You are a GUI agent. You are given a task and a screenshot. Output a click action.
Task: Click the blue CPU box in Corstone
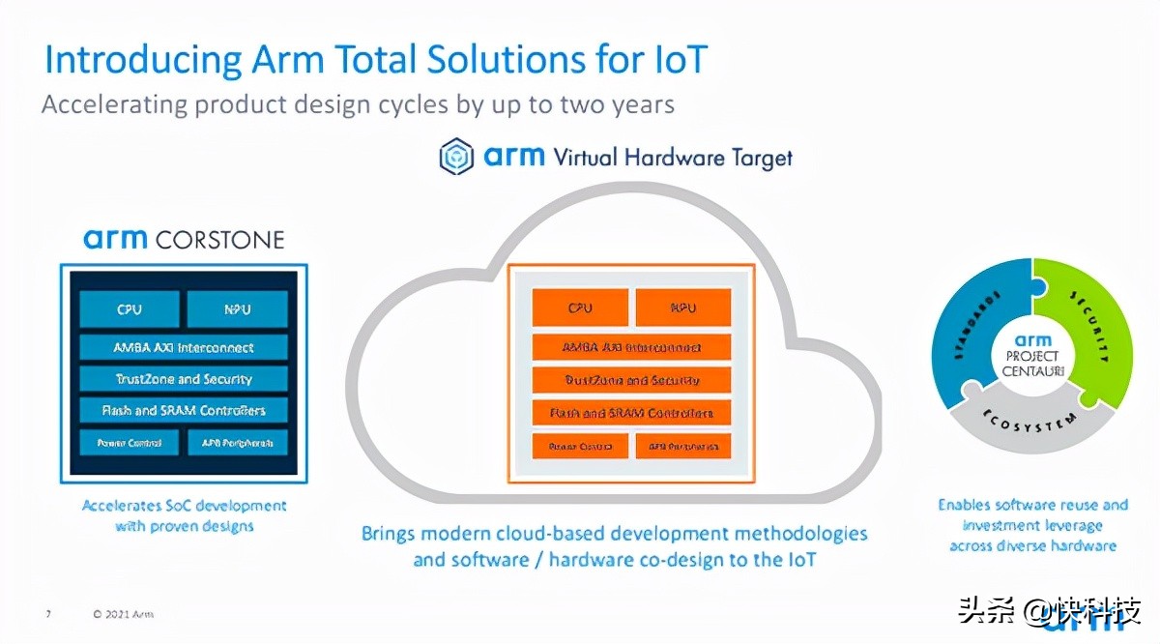130,309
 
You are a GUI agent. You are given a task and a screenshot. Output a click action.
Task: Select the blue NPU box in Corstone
237,309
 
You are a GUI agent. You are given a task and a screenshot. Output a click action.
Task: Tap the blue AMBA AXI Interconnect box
184,347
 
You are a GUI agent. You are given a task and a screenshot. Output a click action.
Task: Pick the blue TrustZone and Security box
184,379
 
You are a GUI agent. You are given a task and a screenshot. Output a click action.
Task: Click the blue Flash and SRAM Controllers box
184,411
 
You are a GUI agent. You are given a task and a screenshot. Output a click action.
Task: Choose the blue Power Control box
130,444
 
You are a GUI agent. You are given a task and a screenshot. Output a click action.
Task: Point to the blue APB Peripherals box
237,444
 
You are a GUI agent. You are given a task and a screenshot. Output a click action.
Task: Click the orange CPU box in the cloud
580,308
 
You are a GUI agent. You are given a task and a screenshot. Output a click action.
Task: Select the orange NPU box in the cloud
682,308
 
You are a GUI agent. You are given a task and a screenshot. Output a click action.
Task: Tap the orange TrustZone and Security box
631,380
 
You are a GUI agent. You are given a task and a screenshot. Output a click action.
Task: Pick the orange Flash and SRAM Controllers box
631,413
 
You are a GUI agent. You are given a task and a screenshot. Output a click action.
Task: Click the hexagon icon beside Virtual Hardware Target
456,157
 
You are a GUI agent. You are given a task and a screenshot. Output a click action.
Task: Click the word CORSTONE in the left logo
219,239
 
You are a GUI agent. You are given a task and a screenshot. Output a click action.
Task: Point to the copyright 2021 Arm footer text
123,614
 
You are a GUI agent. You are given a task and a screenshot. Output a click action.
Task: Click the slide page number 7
48,614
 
